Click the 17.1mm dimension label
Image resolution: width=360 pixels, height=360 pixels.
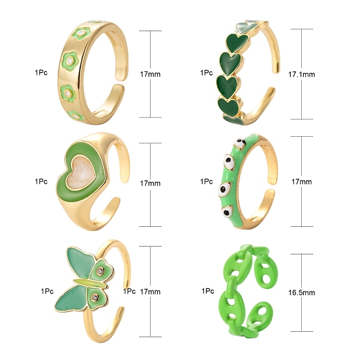coord(301,74)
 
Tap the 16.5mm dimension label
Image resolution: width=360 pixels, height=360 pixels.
coord(301,293)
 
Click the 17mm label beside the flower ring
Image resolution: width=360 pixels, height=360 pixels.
coord(150,74)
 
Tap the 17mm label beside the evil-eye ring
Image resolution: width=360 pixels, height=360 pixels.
coord(301,182)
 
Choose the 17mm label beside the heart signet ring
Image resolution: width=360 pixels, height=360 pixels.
coord(150,183)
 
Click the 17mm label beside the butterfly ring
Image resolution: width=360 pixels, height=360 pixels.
coord(150,292)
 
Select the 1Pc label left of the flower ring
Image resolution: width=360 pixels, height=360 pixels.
coord(41,73)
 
